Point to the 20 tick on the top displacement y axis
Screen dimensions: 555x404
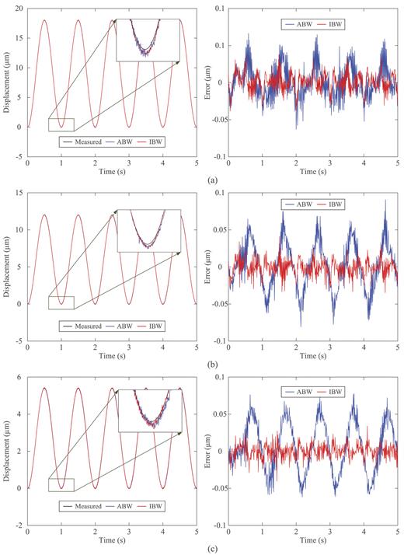pos(19,8)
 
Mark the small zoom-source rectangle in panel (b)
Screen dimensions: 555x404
pos(61,302)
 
